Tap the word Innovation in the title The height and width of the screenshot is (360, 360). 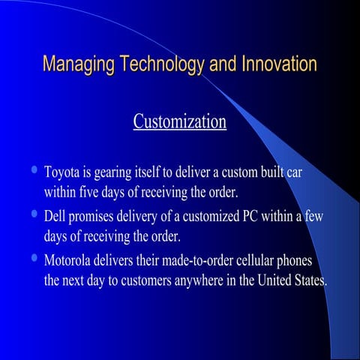pos(278,64)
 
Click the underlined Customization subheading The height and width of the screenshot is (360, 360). pos(179,121)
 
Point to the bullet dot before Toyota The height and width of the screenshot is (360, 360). pos(33,170)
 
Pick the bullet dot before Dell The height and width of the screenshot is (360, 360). pos(33,215)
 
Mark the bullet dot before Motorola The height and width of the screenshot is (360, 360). pos(33,260)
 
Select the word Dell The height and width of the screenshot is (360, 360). pos(55,217)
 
